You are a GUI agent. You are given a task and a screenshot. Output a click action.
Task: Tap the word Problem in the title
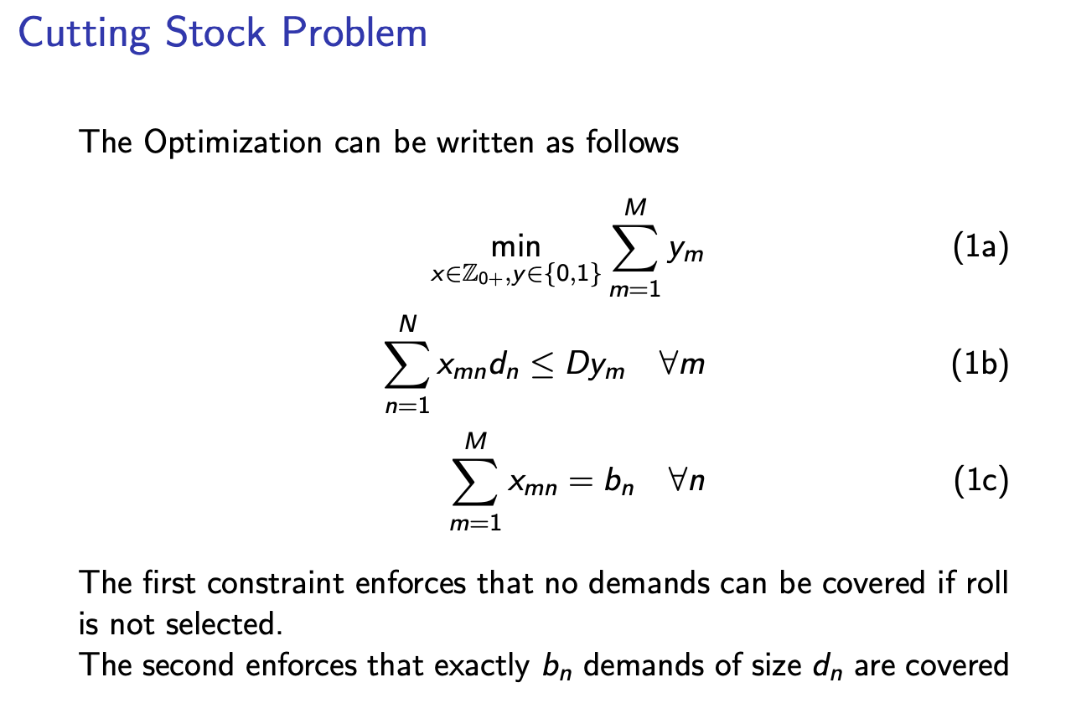352,34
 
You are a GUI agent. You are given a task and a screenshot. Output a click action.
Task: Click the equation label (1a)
980,251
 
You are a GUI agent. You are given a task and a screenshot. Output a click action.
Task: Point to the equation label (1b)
980,368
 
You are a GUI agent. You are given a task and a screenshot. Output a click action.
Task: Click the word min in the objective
515,246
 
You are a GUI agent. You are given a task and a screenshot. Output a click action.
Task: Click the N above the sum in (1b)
406,323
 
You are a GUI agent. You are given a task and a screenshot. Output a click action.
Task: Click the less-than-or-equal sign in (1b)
543,369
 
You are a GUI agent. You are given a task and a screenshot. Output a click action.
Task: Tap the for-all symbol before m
668,367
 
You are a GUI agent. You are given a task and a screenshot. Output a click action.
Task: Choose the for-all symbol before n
677,483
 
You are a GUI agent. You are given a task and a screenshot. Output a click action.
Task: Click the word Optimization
232,142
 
